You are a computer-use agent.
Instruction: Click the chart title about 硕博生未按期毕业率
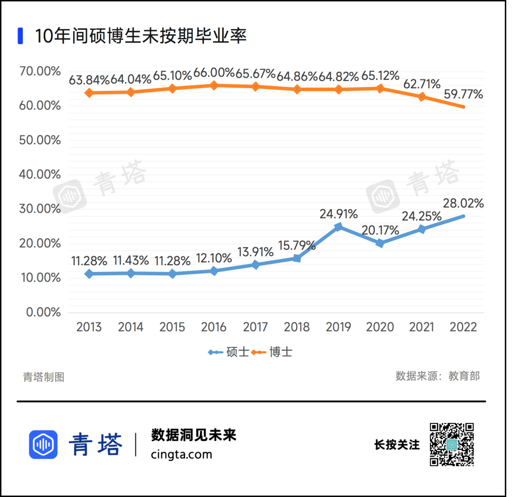pos(141,36)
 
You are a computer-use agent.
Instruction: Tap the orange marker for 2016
pos(214,85)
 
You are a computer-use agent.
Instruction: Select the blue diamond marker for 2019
pos(338,227)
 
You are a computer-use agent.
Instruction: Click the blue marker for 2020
pos(380,243)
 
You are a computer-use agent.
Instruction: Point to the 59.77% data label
pos(463,94)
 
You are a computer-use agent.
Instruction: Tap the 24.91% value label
pos(338,214)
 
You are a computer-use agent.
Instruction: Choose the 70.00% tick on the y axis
pos(40,71)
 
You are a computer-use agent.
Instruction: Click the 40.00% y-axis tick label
pos(40,174)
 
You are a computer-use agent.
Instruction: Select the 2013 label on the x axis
pos(89,327)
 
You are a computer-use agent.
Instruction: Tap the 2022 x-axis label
pos(463,327)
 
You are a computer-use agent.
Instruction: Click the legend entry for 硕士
pos(228,352)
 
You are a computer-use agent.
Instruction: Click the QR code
pos(452,444)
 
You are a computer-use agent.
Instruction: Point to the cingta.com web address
pos(181,454)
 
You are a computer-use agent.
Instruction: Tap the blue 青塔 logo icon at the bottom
pos(43,444)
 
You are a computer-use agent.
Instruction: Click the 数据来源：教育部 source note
pos(437,376)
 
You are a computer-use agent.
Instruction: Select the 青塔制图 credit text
pos(44,377)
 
